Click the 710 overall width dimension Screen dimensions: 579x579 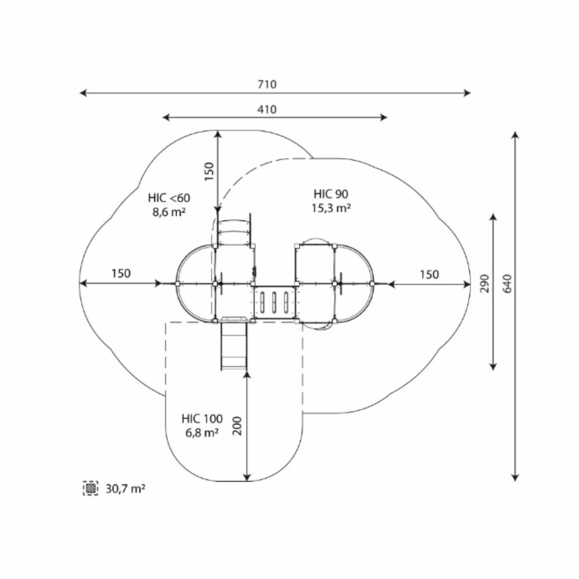(267, 84)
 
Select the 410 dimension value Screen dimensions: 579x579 (267, 109)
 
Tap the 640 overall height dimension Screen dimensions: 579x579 (508, 284)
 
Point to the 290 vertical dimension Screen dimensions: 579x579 (485, 284)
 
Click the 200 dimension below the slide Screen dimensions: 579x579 (238, 426)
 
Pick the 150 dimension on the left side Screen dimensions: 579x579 (121, 273)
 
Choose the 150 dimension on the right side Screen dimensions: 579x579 (429, 275)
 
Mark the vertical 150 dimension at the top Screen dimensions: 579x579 (209, 171)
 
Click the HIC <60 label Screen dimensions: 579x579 (169, 198)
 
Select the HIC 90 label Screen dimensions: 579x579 (331, 194)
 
